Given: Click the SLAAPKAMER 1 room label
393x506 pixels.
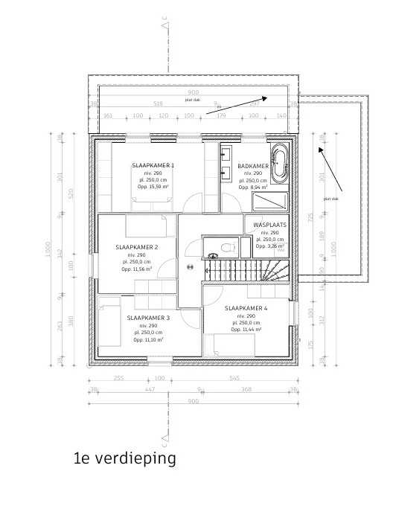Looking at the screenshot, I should (153, 165).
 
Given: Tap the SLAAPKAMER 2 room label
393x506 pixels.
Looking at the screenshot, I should (137, 247).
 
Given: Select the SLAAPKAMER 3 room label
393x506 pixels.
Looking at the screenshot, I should (148, 318).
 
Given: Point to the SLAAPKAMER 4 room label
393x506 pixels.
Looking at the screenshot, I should (246, 307).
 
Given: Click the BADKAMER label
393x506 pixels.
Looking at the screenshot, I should (253, 166).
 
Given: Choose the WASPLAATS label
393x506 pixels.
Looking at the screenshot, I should (269, 224).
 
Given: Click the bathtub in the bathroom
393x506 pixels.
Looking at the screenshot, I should (280, 163).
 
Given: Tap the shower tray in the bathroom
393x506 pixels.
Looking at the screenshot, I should (269, 202).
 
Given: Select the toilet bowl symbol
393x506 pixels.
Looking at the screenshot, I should (227, 246).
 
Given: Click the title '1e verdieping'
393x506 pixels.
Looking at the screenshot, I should (125, 458).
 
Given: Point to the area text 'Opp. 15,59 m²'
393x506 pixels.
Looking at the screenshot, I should (153, 188).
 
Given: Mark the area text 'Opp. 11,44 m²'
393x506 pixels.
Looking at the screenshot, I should (246, 330).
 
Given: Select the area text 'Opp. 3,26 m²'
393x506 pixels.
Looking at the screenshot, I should (270, 246).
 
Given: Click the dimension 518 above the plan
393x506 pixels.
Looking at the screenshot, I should (158, 105).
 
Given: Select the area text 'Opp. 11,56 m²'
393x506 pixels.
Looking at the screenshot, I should (137, 269).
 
